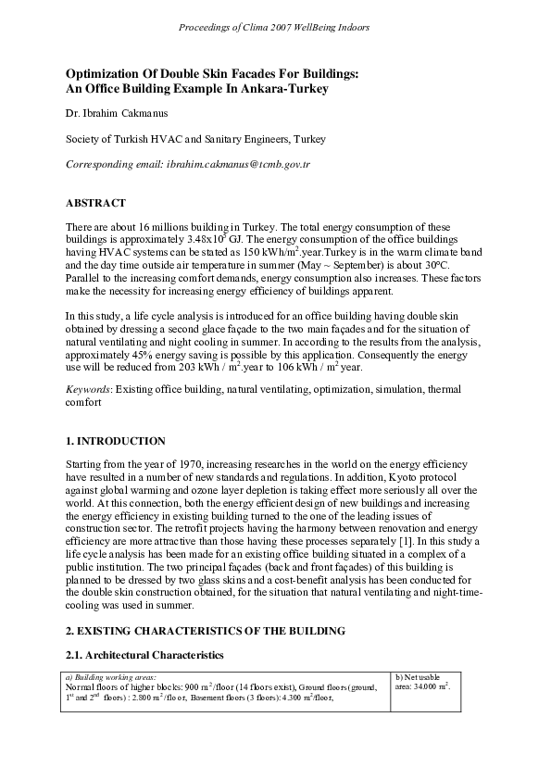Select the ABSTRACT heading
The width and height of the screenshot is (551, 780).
(95, 202)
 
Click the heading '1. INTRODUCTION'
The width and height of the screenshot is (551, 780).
(116, 441)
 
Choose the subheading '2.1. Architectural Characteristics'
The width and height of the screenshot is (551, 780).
(144, 655)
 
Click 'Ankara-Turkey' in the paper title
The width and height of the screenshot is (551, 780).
(281, 88)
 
